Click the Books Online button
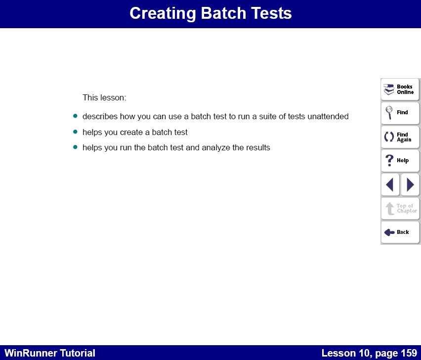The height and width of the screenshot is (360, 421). point(400,90)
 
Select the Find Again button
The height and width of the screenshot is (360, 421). point(400,137)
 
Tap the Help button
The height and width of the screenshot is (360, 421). point(400,161)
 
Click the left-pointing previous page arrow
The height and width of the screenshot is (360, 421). point(390,184)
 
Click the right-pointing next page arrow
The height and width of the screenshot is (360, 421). point(410,184)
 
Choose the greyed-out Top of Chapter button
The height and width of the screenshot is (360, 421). point(400,209)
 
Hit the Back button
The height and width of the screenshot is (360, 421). point(400,232)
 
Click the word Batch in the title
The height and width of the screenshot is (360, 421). point(214,13)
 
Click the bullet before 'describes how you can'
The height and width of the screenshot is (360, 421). point(76,116)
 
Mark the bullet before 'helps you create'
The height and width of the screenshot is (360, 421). point(76,132)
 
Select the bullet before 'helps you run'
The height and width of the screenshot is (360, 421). point(76,147)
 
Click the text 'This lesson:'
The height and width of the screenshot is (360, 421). point(104,98)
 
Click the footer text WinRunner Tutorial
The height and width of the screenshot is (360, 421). point(50,353)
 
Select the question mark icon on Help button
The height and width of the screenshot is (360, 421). point(389,160)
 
